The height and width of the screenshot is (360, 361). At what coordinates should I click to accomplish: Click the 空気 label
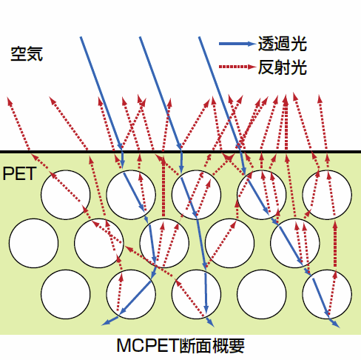(27, 53)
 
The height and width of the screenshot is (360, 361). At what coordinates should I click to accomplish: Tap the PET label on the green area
(19, 173)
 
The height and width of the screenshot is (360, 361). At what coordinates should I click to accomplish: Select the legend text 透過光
(283, 44)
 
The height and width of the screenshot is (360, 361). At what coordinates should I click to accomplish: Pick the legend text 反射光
(283, 67)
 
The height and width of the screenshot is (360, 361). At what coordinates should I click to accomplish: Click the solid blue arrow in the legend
(237, 44)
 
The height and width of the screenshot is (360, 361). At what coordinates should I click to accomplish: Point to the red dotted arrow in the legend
(237, 67)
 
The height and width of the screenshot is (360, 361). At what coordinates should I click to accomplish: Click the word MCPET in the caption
(147, 345)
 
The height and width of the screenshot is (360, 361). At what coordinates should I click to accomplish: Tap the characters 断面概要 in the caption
(212, 345)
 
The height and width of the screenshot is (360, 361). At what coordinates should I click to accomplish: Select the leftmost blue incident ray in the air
(101, 93)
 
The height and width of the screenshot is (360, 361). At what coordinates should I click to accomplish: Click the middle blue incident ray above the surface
(161, 93)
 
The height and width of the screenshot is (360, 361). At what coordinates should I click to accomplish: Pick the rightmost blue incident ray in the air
(220, 93)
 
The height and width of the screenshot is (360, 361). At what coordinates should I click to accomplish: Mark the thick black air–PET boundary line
(180, 152)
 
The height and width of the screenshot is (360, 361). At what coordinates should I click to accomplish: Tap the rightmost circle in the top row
(327, 195)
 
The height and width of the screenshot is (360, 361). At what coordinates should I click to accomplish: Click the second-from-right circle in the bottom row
(262, 294)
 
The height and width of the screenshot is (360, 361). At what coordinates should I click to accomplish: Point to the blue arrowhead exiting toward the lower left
(106, 322)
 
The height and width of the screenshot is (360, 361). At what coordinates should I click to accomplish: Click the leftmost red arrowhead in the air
(10, 101)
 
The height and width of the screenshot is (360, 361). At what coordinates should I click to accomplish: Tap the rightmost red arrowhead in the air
(320, 99)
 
